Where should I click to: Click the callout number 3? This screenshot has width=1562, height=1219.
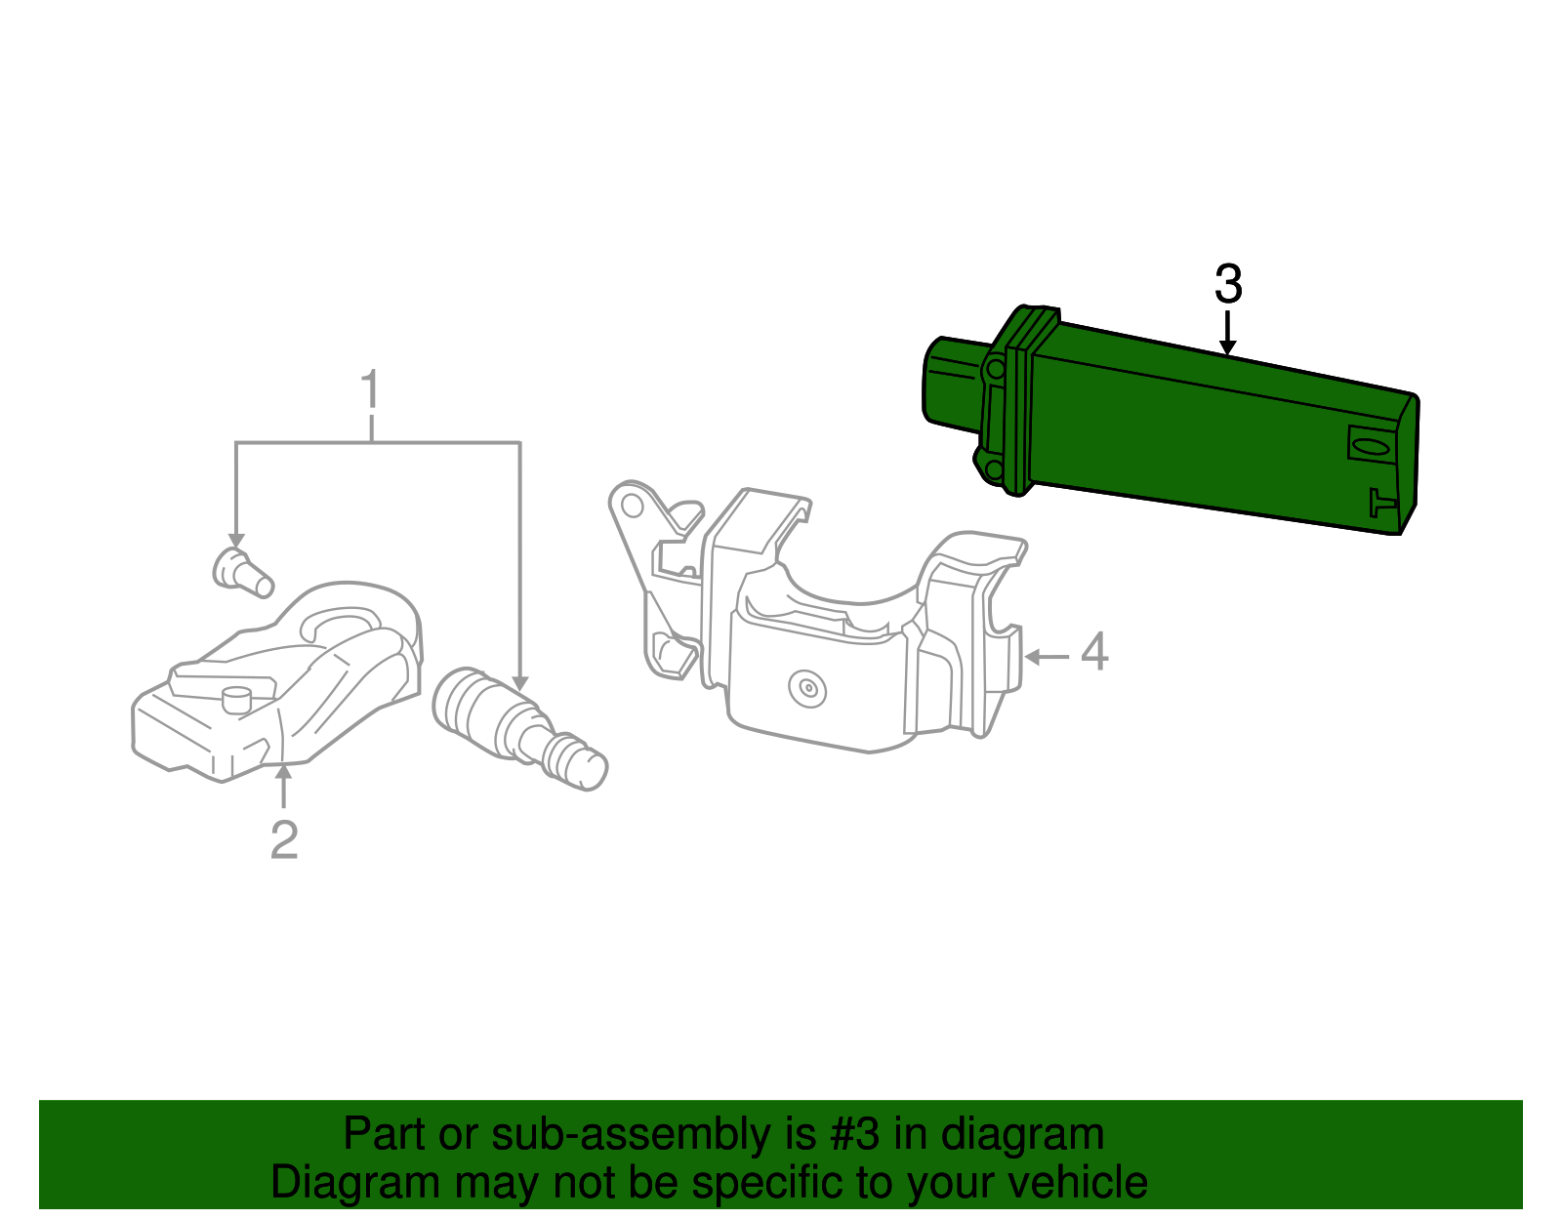coord(1228,284)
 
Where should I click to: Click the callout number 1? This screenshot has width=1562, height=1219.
coord(370,390)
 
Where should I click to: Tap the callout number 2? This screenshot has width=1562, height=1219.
coord(284,839)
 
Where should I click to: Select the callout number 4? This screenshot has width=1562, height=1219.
coord(1094,652)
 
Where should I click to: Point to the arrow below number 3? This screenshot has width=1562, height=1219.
coord(1228,333)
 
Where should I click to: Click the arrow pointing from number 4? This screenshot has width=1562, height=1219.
coord(1047,657)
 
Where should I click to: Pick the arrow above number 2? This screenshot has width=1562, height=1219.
coord(284,787)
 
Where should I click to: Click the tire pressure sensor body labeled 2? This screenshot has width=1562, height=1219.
coord(283,683)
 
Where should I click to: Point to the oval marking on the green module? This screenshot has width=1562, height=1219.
coord(1371,446)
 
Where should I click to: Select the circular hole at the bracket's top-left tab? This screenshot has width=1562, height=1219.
coord(633,505)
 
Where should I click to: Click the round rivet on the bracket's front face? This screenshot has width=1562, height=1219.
coord(807,689)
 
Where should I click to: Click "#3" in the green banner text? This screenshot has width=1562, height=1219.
coord(854,1135)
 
